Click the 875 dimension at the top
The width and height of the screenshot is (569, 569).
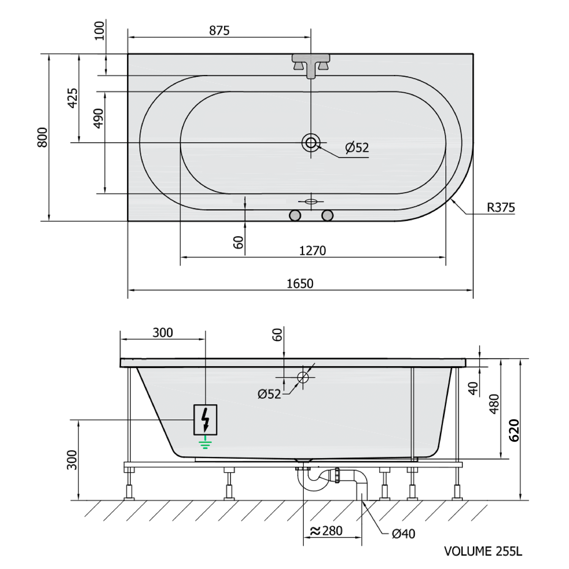(219, 31)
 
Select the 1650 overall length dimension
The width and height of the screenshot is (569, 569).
(300, 284)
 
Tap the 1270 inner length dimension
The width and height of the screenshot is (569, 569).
(313, 251)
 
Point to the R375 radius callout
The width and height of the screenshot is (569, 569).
(501, 207)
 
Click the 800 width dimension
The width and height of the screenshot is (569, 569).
(42, 137)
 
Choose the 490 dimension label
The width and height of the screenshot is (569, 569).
(98, 118)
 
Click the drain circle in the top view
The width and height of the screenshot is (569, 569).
(311, 143)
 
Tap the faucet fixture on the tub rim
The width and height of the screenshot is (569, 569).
(311, 65)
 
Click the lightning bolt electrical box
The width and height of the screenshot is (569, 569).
(206, 420)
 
